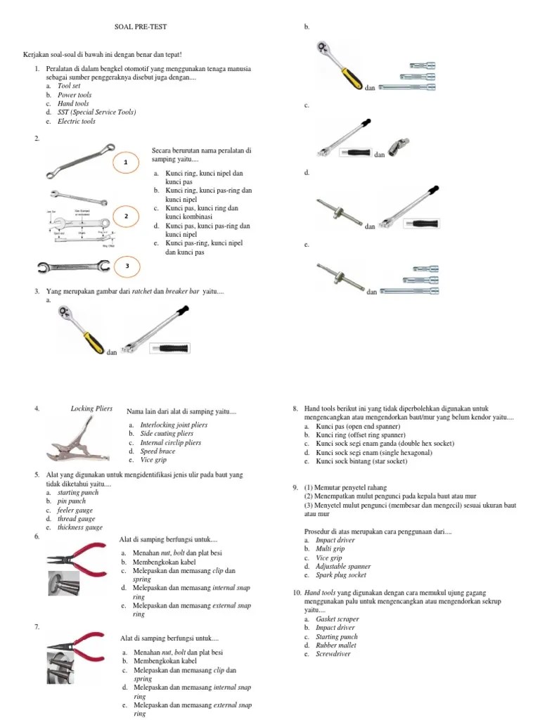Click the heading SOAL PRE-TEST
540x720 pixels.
tap(141, 27)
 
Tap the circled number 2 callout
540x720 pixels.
tap(125, 216)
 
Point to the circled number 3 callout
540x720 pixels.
tap(127, 266)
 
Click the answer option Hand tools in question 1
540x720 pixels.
tap(73, 103)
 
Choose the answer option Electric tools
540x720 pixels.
tap(76, 121)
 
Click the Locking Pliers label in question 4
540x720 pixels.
tap(91, 408)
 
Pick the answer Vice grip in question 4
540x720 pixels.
tap(153, 460)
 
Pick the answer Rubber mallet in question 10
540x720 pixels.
tap(336, 645)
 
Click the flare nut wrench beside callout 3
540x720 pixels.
tap(73, 267)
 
